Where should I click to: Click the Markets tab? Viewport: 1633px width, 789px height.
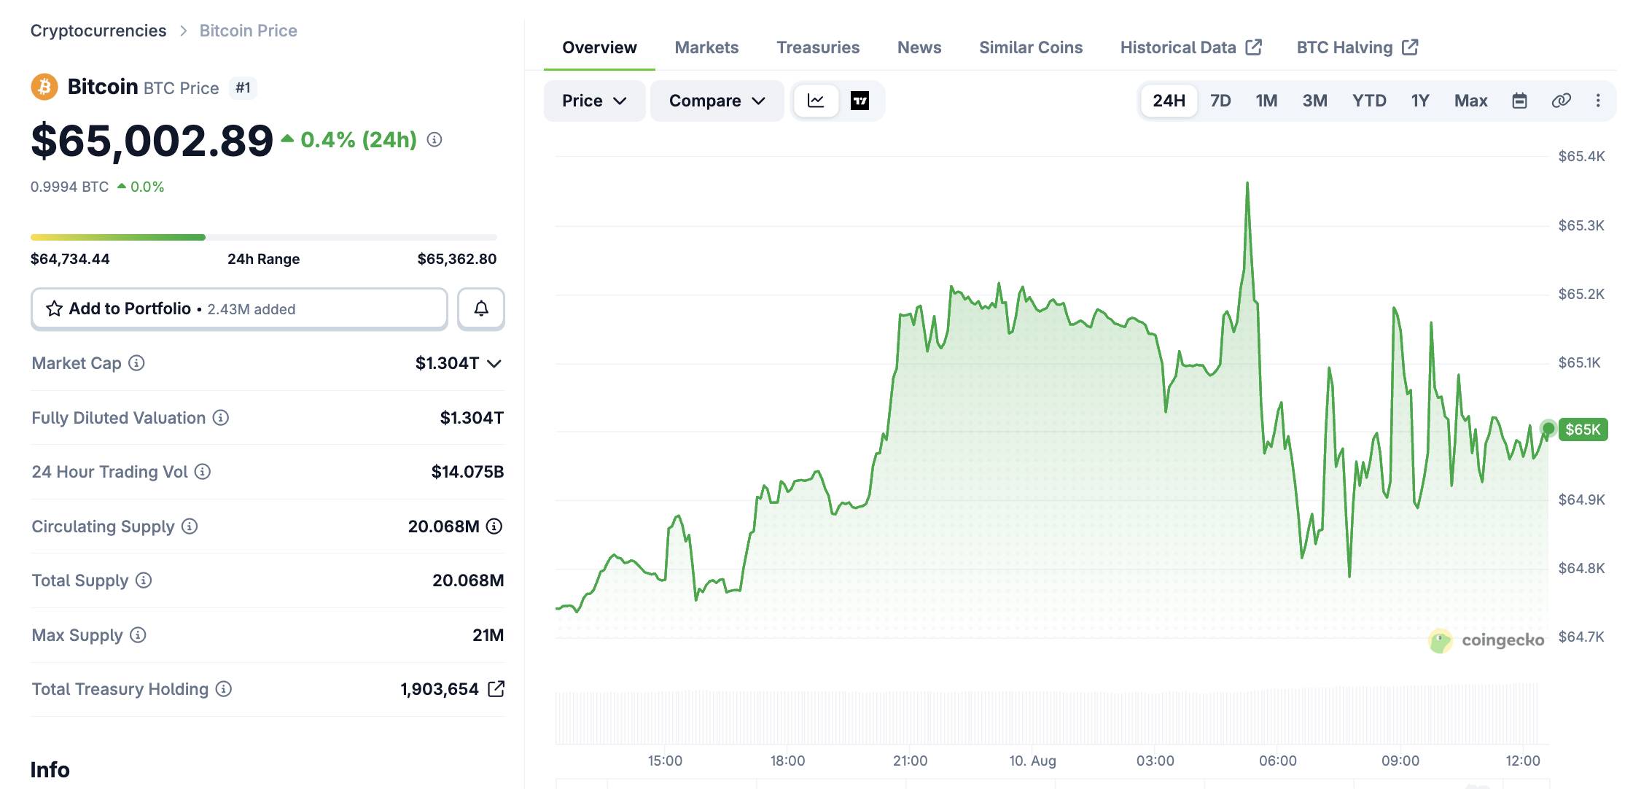click(706, 47)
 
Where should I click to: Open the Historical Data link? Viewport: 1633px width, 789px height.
click(1190, 47)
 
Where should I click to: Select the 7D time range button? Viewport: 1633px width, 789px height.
click(1220, 101)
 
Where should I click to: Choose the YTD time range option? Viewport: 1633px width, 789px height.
click(1369, 101)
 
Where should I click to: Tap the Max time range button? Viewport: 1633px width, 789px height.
click(1470, 101)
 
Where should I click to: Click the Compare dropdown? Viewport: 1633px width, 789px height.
click(717, 101)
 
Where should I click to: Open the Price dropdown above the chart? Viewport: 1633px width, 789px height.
click(594, 101)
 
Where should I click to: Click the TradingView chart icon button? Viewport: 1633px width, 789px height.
click(860, 101)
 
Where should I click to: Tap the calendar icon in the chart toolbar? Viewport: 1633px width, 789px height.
click(1519, 101)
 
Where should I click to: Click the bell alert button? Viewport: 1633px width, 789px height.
click(481, 308)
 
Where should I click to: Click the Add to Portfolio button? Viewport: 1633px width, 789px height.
click(239, 308)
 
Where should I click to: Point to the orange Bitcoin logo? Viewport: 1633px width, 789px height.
click(44, 88)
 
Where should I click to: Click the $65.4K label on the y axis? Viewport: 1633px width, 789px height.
click(1581, 156)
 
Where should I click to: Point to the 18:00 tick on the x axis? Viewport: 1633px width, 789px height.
click(787, 761)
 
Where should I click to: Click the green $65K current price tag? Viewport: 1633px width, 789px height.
click(1583, 429)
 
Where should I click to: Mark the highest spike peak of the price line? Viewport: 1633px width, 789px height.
click(1247, 182)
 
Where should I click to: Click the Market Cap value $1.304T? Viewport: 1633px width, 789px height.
click(447, 363)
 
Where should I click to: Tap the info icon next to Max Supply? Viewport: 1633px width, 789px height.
click(138, 635)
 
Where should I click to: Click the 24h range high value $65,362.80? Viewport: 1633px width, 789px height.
click(457, 259)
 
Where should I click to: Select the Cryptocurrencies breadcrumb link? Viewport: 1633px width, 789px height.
click(98, 31)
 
